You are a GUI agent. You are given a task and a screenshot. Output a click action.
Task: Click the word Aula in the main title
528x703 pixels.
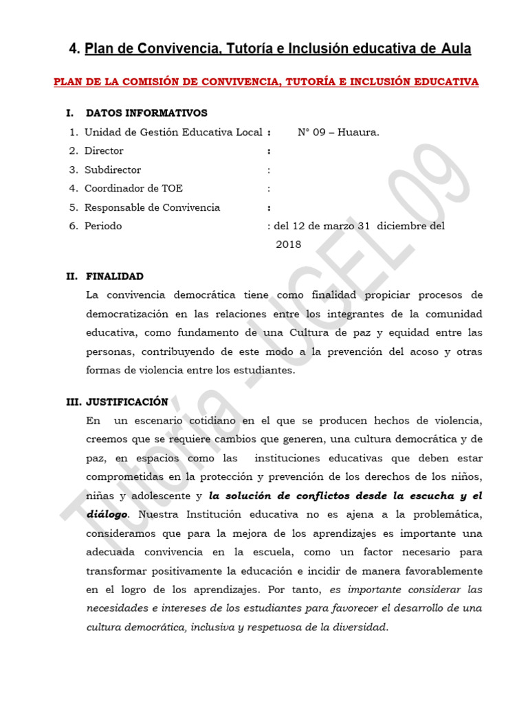(x=455, y=49)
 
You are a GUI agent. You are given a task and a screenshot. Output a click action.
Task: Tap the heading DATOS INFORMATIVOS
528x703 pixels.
(x=146, y=113)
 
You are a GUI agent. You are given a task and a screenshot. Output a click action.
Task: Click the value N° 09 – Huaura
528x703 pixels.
(x=338, y=132)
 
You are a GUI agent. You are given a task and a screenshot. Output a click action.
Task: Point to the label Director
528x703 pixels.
(x=104, y=151)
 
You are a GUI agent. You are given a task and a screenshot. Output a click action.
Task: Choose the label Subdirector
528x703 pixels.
(x=113, y=170)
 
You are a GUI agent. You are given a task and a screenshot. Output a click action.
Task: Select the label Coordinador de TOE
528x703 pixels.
(x=133, y=188)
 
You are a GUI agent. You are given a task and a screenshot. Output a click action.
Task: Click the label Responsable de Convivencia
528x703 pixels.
(x=152, y=207)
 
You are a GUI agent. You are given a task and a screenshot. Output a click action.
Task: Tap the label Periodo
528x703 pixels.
(x=103, y=226)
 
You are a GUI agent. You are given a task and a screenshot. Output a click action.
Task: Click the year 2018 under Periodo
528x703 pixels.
(x=288, y=244)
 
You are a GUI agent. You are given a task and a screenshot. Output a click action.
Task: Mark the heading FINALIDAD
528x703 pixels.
(x=115, y=277)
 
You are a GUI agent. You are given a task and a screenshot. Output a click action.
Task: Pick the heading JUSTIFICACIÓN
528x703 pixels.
(x=127, y=402)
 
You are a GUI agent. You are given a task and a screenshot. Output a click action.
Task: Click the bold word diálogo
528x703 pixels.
(x=107, y=514)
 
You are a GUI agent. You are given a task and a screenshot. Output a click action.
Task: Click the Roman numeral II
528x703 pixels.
(x=71, y=277)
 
